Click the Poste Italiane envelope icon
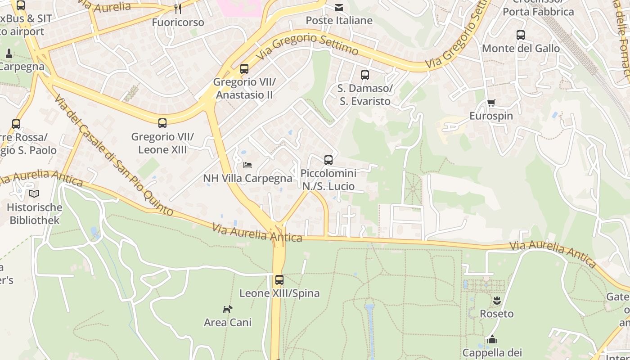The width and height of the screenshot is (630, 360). (x=338, y=8)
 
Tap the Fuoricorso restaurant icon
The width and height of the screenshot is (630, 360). (x=178, y=9)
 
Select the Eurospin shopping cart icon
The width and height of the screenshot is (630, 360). (x=491, y=103)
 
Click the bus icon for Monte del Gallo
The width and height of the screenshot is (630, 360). (x=521, y=35)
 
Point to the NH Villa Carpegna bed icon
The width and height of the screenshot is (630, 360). (x=247, y=165)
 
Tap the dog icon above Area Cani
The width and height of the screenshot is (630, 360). (x=228, y=309)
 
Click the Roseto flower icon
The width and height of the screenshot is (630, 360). (x=496, y=300)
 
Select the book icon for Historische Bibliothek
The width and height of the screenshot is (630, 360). (x=34, y=194)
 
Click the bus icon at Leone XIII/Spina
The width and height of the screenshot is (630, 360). (x=279, y=280)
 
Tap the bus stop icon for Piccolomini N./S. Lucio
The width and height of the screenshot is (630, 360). (x=328, y=160)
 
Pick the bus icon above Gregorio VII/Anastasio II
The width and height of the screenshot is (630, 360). (x=244, y=69)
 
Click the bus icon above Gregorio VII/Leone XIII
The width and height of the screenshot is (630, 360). (x=162, y=123)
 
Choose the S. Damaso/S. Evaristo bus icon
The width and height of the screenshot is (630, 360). (x=365, y=75)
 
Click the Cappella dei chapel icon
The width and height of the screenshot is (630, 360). (x=492, y=339)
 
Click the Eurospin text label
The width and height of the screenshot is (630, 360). (x=491, y=116)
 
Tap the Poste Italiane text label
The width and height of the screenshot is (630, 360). (x=339, y=21)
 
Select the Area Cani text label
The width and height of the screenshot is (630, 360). (x=228, y=323)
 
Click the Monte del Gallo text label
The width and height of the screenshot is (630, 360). (x=521, y=49)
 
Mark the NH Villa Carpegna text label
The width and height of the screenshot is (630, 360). (x=247, y=179)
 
